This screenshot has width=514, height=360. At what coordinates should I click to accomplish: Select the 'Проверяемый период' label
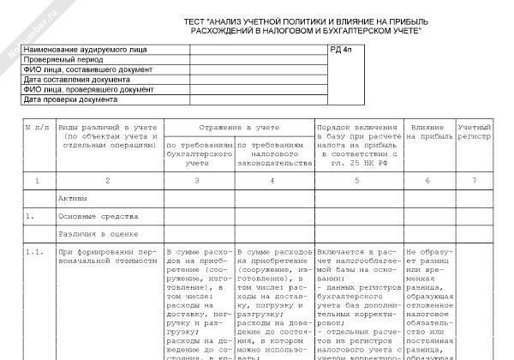coord(59,61)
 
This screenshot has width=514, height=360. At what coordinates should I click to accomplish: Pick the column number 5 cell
coord(355,181)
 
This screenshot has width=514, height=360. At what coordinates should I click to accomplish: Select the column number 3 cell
coord(198,181)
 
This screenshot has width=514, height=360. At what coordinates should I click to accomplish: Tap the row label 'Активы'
coord(73,198)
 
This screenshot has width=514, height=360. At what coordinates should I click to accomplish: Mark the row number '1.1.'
coord(35,252)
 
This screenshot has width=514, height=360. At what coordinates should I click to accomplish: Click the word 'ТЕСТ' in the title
coord(196,20)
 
